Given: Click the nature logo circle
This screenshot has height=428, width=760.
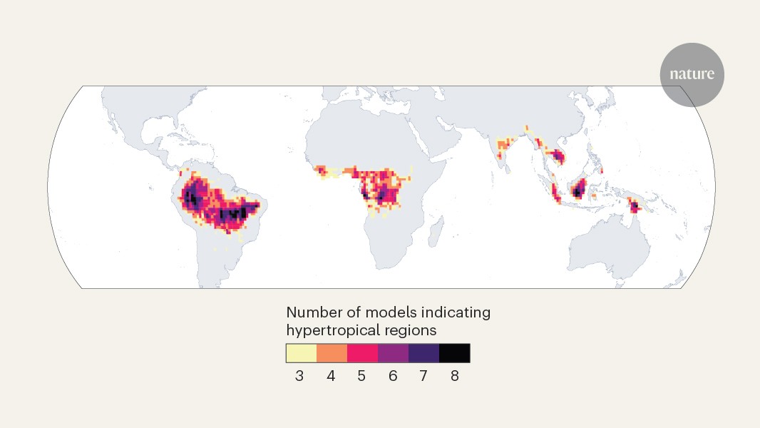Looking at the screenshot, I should point(692,75).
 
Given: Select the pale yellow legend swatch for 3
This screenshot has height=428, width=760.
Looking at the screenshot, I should point(301,353).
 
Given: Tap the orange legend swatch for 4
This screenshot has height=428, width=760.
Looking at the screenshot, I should point(332,353).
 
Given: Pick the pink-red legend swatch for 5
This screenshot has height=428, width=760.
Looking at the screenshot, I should point(362,353).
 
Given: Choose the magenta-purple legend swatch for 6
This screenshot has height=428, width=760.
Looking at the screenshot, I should point(393,353).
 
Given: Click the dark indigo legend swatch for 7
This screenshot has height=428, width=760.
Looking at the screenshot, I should point(423,353).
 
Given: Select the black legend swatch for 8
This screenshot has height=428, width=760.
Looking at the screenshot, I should point(454,353).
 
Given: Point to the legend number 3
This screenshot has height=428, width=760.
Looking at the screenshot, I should point(299,376).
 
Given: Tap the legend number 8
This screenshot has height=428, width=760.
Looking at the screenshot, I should point(454,376).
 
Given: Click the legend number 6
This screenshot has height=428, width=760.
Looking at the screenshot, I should point(393,376).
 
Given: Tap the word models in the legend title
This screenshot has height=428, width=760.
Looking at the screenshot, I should point(386,312).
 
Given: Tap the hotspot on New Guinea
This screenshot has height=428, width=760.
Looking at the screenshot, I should point(633,207).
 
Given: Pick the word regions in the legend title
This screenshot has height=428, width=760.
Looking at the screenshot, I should point(409,330).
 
